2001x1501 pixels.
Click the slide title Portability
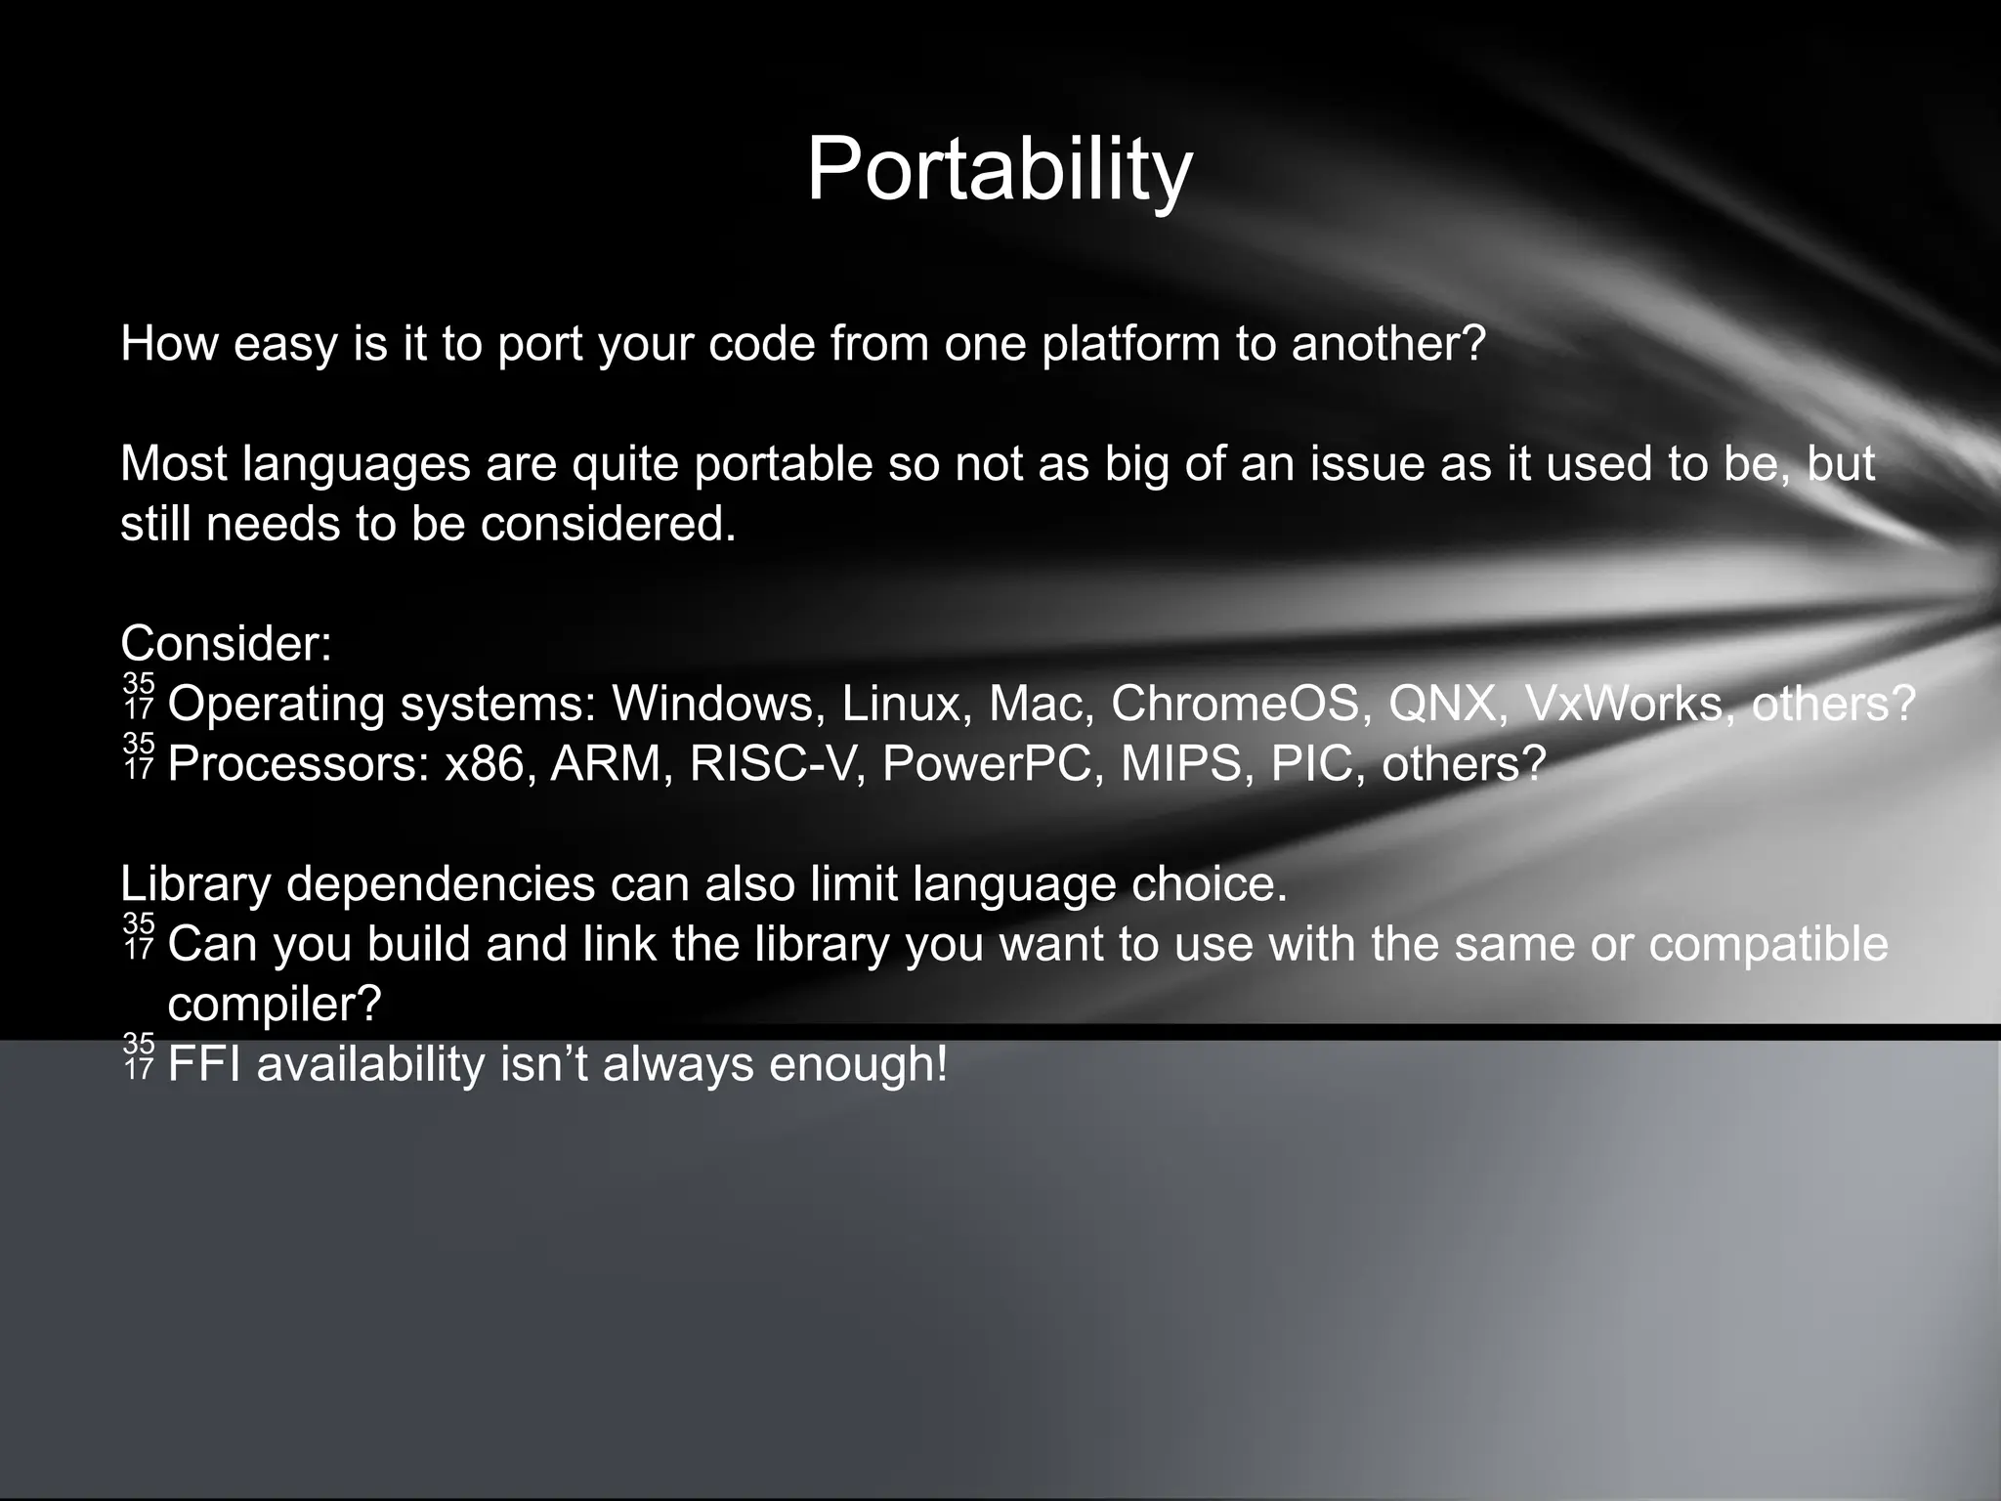999,171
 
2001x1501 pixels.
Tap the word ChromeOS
1234,703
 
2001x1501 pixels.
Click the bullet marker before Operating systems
139,697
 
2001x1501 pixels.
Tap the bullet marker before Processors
139,756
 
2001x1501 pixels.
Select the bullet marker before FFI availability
139,1056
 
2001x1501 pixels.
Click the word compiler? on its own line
274,1005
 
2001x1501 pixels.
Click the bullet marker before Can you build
139,936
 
